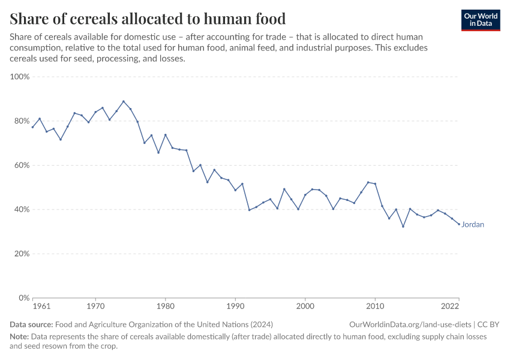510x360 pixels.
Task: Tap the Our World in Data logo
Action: pos(481,20)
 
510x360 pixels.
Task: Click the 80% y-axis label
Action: pos(21,121)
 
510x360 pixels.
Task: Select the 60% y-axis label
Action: pos(21,166)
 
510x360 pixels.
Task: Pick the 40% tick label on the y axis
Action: pos(21,209)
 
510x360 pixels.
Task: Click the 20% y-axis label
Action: pos(21,254)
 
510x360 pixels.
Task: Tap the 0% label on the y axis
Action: pos(23,298)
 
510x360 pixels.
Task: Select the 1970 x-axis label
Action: pos(95,306)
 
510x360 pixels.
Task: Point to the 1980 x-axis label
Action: pos(166,306)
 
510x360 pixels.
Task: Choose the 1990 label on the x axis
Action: pos(235,306)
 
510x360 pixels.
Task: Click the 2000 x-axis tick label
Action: pos(305,306)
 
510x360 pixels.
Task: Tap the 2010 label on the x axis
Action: pos(375,306)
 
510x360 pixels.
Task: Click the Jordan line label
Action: pos(473,225)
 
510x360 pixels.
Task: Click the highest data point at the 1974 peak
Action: pos(124,101)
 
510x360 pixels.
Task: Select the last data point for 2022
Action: pos(459,224)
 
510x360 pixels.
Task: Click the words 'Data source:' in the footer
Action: pos(30,325)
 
